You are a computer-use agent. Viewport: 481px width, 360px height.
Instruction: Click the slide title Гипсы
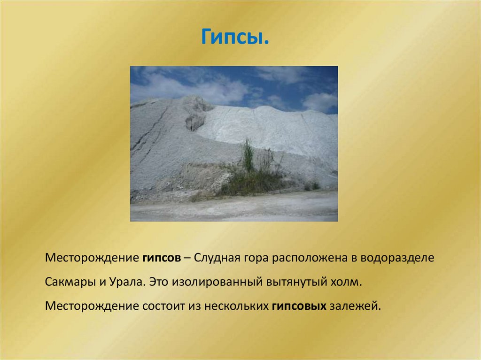click(x=235, y=36)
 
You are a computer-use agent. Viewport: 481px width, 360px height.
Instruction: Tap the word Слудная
click(x=217, y=259)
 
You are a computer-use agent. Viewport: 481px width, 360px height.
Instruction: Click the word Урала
click(x=125, y=283)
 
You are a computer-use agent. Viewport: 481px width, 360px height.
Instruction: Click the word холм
click(x=348, y=283)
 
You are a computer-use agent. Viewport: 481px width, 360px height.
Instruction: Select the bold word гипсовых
click(x=299, y=306)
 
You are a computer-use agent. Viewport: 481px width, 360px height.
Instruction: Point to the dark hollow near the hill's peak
click(x=195, y=121)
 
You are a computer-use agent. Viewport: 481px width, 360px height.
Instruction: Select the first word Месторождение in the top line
click(x=91, y=259)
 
